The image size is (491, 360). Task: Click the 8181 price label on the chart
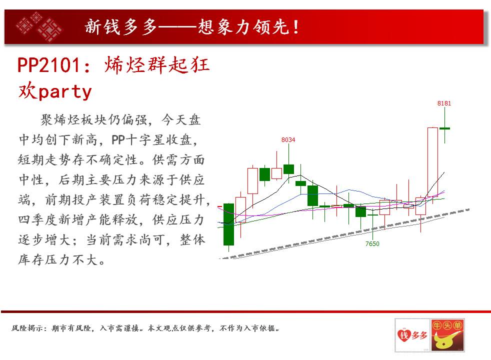(444, 103)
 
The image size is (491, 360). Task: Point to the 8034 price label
(288, 140)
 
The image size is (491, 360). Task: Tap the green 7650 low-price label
(372, 244)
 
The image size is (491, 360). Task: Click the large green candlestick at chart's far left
(228, 224)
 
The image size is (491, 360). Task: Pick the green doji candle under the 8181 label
(444, 128)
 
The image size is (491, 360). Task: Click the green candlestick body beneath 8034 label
(288, 169)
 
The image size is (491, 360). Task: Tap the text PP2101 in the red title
(49, 65)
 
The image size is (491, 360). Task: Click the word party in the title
(65, 92)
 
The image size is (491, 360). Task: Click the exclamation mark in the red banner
(296, 27)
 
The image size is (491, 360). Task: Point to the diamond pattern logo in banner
(39, 27)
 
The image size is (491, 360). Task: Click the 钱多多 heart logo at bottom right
(412, 335)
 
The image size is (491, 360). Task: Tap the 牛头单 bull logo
(447, 335)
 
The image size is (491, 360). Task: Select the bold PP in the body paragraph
(118, 139)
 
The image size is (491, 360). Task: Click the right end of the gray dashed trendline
(469, 209)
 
